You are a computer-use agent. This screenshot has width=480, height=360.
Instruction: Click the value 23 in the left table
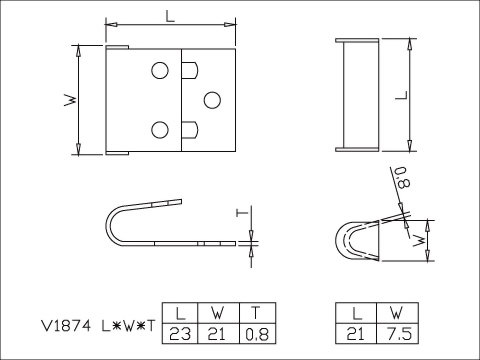point(180,334)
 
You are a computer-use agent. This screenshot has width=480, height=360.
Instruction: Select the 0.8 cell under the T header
point(257,334)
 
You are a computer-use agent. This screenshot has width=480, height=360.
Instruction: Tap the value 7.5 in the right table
point(399,334)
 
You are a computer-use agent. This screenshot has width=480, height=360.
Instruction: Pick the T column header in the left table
point(256,313)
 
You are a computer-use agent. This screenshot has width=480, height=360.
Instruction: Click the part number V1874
point(65,326)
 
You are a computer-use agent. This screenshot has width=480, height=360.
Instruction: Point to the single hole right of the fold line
point(212,100)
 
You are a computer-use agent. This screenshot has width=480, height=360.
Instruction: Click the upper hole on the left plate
point(160,70)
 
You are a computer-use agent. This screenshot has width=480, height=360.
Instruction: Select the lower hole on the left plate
point(160,130)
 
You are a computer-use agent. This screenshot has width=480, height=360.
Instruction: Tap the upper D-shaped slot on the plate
point(190,70)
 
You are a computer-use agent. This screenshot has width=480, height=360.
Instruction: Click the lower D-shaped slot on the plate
point(190,130)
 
